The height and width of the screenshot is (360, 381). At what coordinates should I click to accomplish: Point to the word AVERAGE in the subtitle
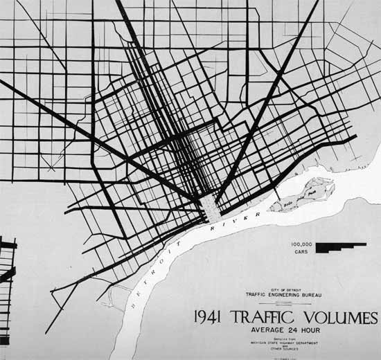(265, 330)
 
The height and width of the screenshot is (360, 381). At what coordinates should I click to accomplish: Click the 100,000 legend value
(301, 244)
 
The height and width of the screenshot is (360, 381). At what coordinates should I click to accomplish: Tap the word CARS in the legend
(302, 252)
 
